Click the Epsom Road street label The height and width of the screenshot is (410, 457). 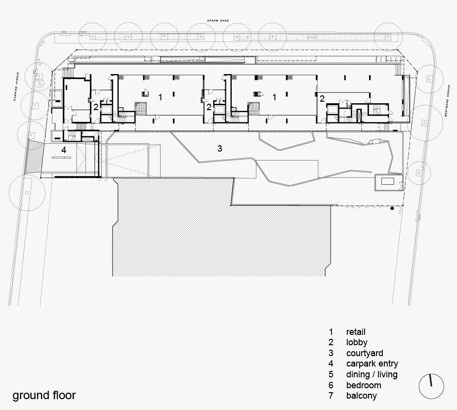pyautogui.click(x=218, y=21)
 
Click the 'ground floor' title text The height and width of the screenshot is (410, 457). pyautogui.click(x=44, y=396)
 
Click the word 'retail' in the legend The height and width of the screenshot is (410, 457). pyautogui.click(x=356, y=332)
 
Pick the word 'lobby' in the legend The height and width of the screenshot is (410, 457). pyautogui.click(x=357, y=342)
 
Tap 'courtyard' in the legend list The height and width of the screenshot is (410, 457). pyautogui.click(x=365, y=353)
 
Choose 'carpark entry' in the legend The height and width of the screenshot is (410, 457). pyautogui.click(x=372, y=364)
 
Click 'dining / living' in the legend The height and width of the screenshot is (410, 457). pyautogui.click(x=372, y=374)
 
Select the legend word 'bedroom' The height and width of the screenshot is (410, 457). pyautogui.click(x=364, y=385)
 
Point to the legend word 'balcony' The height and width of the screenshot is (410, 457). pyautogui.click(x=362, y=396)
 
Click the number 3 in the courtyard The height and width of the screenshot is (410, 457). pyautogui.click(x=220, y=149)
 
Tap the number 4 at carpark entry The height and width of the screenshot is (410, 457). pyautogui.click(x=64, y=150)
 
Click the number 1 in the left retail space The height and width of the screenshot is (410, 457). pyautogui.click(x=160, y=97)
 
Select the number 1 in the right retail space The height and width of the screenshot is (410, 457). pyautogui.click(x=274, y=97)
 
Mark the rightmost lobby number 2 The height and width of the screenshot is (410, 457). pyautogui.click(x=322, y=98)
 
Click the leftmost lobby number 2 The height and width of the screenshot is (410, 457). pyautogui.click(x=96, y=107)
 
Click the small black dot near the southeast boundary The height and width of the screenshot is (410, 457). pyautogui.click(x=392, y=208)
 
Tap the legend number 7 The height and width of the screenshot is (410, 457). pyautogui.click(x=331, y=396)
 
